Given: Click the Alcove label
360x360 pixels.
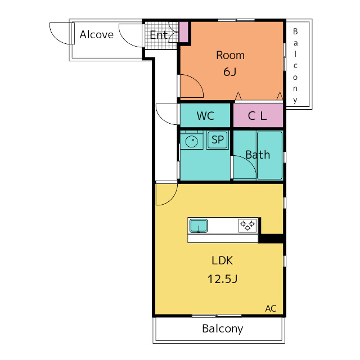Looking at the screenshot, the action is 96,35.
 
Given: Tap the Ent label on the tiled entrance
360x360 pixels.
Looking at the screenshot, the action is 159,35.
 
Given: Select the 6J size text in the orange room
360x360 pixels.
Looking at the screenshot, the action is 230,72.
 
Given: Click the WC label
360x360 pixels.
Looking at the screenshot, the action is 205,116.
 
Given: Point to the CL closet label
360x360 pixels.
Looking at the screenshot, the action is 258,116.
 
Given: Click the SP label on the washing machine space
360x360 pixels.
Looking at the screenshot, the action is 218,139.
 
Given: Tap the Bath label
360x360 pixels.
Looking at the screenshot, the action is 258,155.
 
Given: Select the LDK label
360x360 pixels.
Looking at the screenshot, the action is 222,260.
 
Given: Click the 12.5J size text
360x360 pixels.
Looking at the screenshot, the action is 222,279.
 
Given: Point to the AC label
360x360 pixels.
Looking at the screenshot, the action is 271,309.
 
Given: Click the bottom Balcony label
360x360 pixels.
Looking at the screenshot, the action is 223,328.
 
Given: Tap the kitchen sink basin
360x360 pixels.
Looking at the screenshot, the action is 199,226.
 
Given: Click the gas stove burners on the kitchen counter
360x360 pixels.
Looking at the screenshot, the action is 247,226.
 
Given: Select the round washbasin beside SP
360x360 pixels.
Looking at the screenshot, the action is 191,141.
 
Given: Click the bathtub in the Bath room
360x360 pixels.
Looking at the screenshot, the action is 270,155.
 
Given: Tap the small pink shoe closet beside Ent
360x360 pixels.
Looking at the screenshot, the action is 183,32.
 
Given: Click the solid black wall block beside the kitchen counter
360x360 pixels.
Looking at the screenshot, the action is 271,238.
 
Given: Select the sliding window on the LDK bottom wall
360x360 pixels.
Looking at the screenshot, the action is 217,316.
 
